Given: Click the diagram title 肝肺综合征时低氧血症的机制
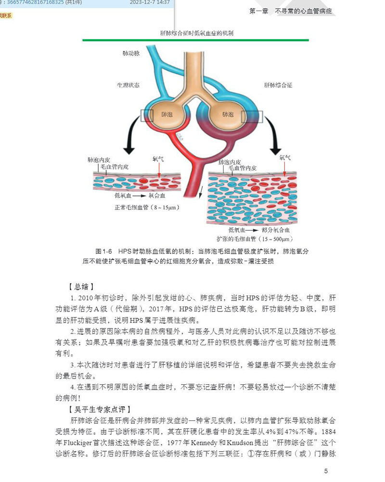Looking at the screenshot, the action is [197, 33].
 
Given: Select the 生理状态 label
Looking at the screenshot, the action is [128, 85].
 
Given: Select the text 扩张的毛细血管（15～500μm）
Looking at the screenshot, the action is [255, 238].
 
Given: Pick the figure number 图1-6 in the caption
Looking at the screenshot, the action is [104, 251].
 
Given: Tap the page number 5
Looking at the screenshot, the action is [326, 470].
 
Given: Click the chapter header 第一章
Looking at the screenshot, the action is [258, 11].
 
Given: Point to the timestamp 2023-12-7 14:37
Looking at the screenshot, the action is [150, 2].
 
